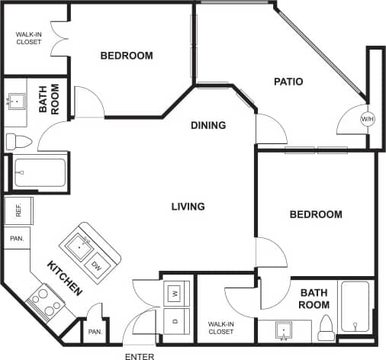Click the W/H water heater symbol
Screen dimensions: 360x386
click(368, 120)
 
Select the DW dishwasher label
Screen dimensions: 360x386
click(97, 265)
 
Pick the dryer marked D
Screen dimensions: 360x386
click(175, 320)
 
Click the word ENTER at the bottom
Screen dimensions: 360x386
click(140, 355)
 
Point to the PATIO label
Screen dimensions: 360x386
click(289, 82)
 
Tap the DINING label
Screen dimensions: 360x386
click(208, 125)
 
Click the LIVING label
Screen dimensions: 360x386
click(188, 207)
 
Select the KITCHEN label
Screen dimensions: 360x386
click(65, 278)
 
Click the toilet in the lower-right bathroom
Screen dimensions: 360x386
click(326, 328)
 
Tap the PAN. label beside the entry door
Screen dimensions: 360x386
click(95, 332)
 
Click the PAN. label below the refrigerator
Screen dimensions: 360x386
click(17, 239)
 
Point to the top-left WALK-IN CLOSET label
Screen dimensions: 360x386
click(29, 37)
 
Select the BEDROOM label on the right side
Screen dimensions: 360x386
click(315, 214)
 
